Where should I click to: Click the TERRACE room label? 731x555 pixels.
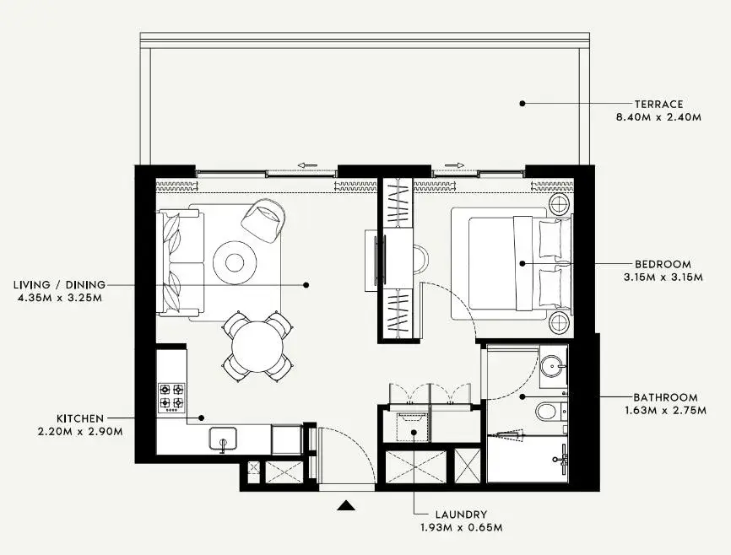pos(658,104)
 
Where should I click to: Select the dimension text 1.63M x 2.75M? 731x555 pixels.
pos(665,411)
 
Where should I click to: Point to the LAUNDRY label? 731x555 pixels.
pos(461,515)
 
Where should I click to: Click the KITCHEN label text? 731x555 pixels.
pos(80,418)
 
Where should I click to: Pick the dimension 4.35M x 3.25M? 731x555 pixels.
pos(59,297)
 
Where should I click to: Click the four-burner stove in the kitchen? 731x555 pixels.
pos(171,398)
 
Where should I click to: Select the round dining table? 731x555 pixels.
pos(257,348)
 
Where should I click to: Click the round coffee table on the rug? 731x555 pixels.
pos(235,262)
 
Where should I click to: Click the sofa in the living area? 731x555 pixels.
pos(181,261)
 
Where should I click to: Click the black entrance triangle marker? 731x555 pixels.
pos(345,505)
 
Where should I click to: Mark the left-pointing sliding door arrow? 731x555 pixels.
pos(307,165)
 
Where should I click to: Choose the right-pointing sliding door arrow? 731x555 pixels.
pos(454,165)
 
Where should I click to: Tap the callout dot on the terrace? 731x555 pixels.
pos(523,104)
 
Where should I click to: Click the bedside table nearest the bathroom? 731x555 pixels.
pos(559,322)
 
